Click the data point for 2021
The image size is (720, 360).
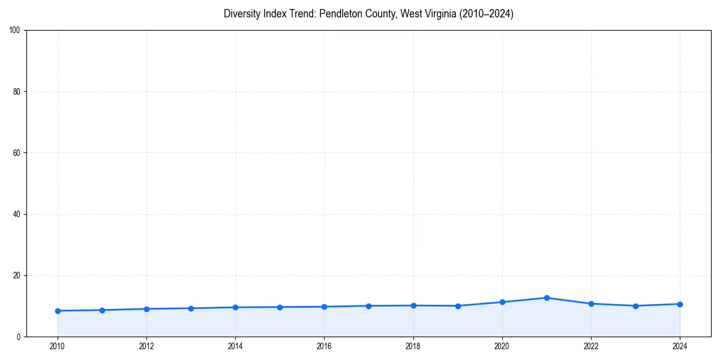click(547, 298)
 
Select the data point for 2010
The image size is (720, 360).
click(58, 311)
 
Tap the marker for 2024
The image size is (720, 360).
click(680, 304)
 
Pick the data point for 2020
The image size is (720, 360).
click(502, 302)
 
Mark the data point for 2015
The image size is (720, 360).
click(280, 307)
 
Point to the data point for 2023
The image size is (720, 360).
click(635, 306)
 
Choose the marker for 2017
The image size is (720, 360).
click(368, 306)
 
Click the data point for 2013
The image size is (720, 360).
click(191, 308)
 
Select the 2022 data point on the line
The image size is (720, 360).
click(591, 304)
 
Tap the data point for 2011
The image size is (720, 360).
click(102, 310)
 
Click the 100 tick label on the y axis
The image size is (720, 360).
click(16, 30)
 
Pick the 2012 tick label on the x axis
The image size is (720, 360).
click(146, 346)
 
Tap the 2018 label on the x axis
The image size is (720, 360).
click(413, 346)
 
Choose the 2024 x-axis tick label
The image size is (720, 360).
click(680, 346)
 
